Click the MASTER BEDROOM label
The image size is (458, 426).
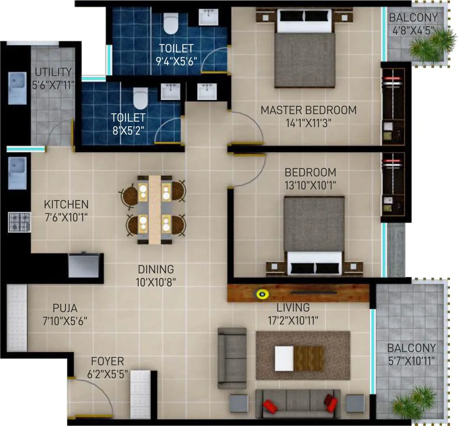pos(308,110)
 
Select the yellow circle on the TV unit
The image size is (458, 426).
pos(262,293)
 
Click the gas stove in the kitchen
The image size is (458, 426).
pos(19,222)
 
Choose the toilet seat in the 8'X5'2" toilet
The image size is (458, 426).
pos(140,97)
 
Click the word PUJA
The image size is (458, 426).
pos(65,308)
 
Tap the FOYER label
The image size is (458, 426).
pos(107,361)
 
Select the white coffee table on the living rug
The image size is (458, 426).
pos(284,358)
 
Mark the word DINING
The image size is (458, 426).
pos(156,269)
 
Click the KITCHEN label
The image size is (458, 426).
pos(66,204)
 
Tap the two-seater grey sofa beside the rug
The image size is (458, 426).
pos(232,358)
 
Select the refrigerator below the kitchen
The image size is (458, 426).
pos(84,266)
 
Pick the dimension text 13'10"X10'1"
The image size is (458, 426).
pos(311,185)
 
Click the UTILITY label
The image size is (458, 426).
pos(53,72)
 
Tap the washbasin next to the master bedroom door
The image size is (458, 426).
pos(207,91)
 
